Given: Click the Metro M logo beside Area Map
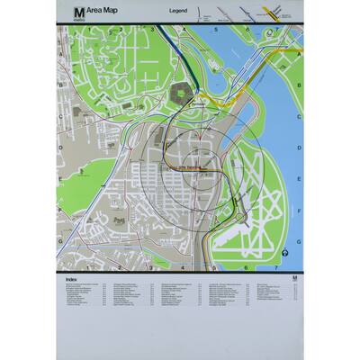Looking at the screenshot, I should tap(78, 11).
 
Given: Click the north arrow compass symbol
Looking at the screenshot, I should tap(284, 254).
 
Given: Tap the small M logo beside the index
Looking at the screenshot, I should tap(294, 280).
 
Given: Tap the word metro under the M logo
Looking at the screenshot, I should tap(78, 18).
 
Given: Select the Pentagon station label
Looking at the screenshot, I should tap(192, 105).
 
